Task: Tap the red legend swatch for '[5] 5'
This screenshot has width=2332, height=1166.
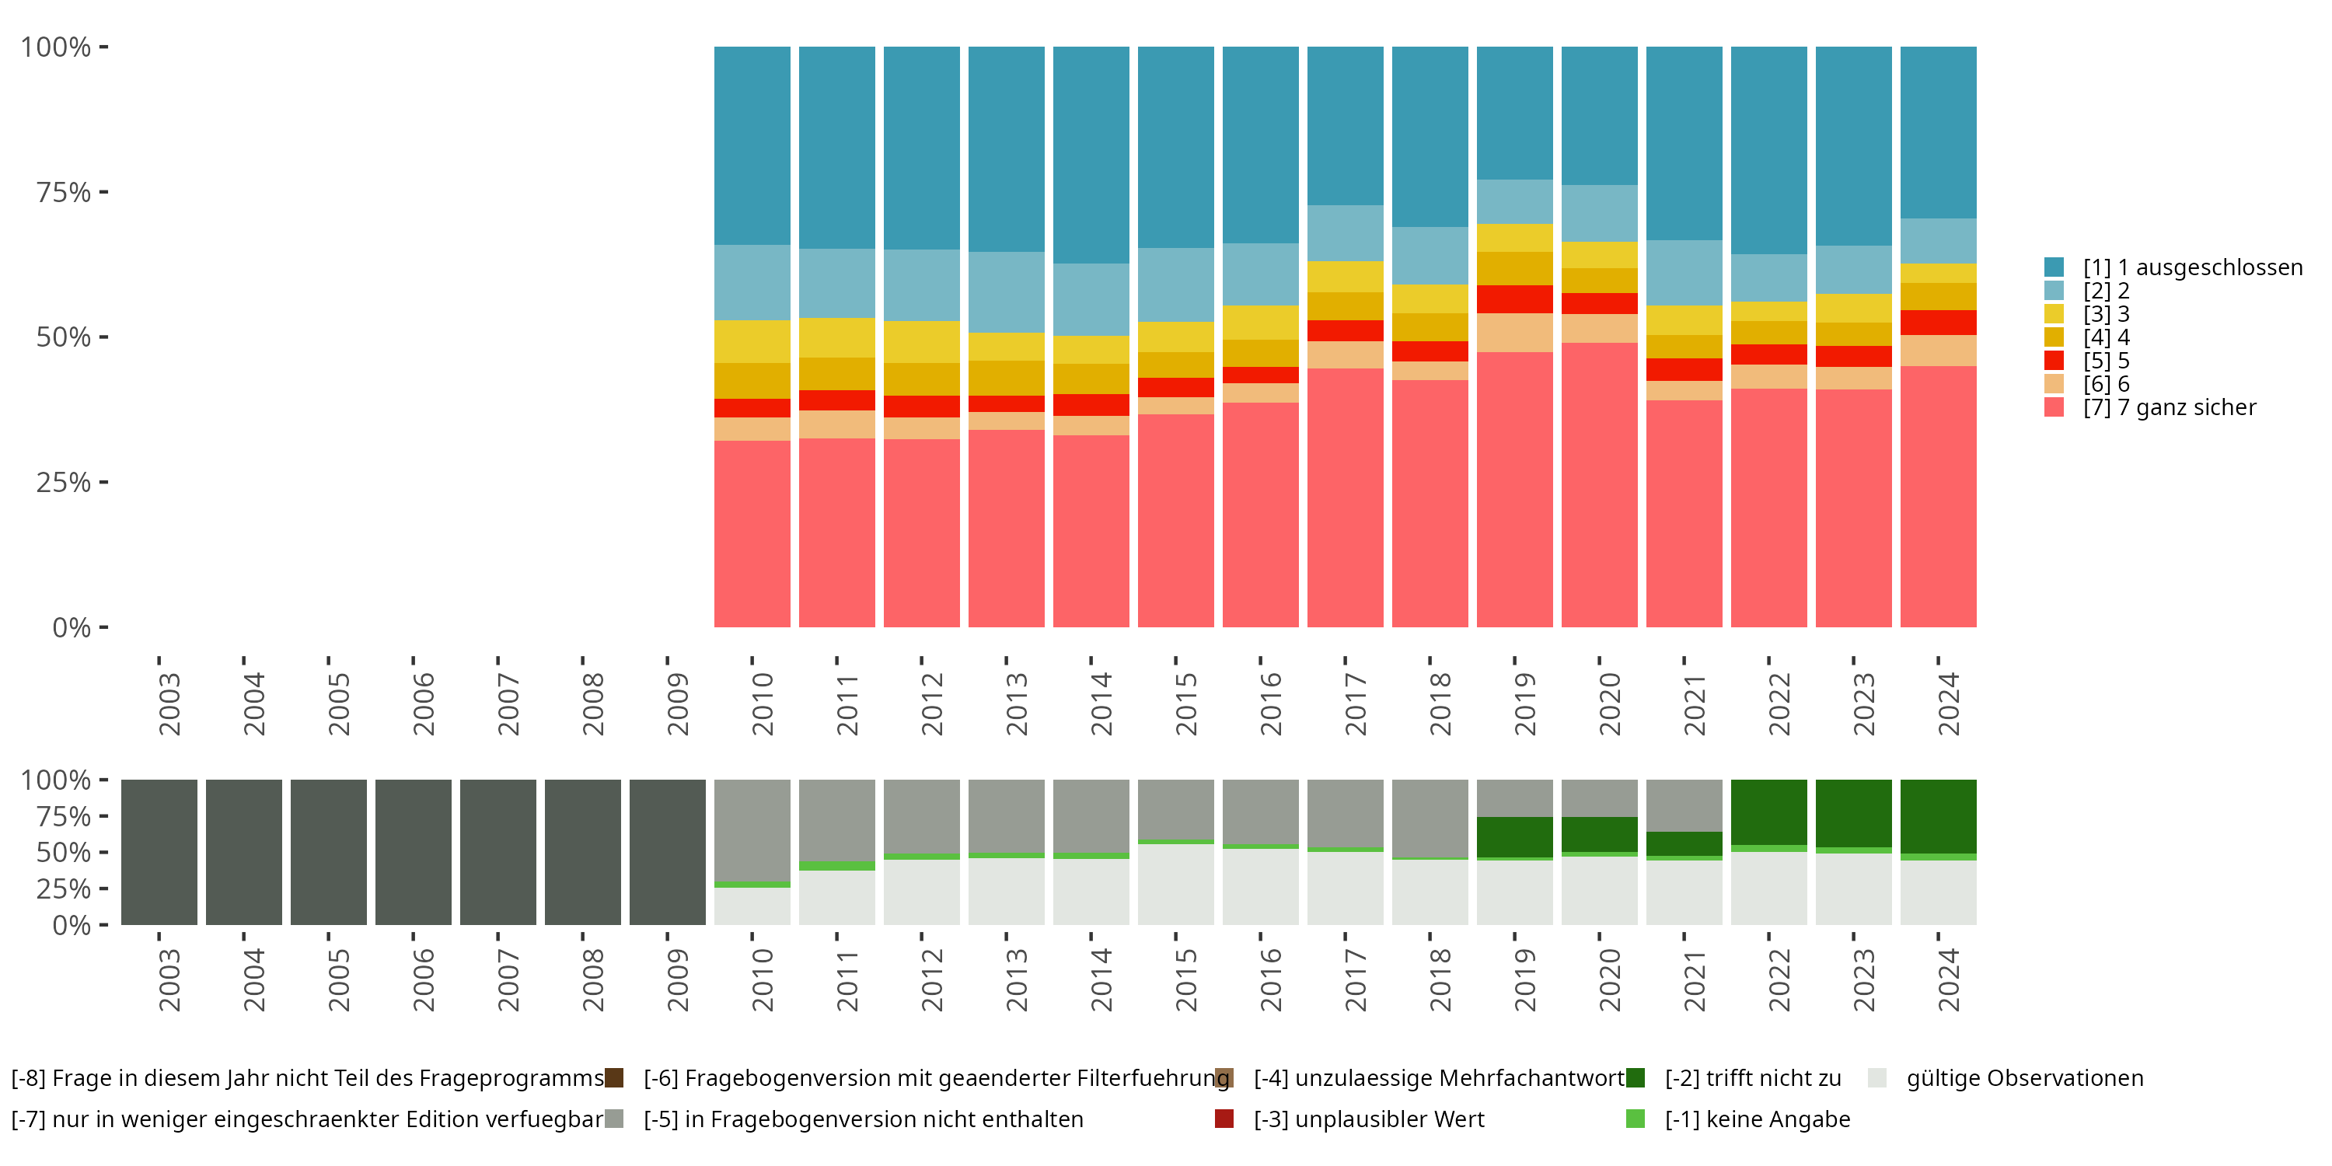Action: pyautogui.click(x=2054, y=361)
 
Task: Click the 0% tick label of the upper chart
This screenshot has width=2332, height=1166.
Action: pyautogui.click(x=71, y=627)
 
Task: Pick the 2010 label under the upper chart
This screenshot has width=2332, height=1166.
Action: pyautogui.click(x=763, y=703)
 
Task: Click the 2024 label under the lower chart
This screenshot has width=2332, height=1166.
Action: pyautogui.click(x=1948, y=979)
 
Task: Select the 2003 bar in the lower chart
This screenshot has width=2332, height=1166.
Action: pyautogui.click(x=159, y=852)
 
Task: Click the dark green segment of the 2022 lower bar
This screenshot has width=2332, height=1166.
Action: pyautogui.click(x=1769, y=812)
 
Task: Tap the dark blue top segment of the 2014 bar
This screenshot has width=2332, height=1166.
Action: pyautogui.click(x=1091, y=154)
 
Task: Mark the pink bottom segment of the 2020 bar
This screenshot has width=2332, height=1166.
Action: pyautogui.click(x=1599, y=484)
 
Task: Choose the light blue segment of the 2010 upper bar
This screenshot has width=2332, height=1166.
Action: pyautogui.click(x=752, y=281)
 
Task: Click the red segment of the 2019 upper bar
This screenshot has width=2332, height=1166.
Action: pyautogui.click(x=1514, y=298)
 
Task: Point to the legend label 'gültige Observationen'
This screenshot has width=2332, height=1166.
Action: pyautogui.click(x=2024, y=1078)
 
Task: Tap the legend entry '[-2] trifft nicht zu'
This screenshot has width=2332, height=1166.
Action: pyautogui.click(x=1753, y=1078)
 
